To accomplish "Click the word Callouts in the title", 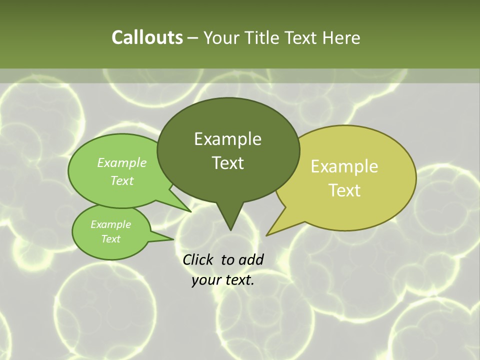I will (x=147, y=37).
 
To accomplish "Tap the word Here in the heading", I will (x=341, y=37).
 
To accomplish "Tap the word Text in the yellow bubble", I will (x=344, y=190).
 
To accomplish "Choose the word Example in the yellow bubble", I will (x=344, y=166).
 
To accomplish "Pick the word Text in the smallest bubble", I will (x=110, y=239).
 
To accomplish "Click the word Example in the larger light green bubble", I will (x=122, y=162).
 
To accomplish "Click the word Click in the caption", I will (x=198, y=259).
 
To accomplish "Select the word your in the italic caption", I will (x=206, y=280).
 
